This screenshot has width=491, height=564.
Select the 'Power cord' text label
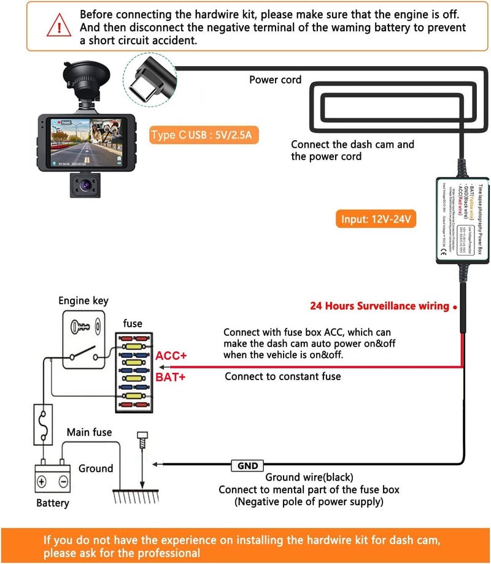pos(275,80)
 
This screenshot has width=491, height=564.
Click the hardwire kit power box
pos(462,221)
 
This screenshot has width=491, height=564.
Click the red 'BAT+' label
pos(171,376)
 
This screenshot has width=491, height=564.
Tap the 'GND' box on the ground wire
pos(247,466)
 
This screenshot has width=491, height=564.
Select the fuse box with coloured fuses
pos(133,372)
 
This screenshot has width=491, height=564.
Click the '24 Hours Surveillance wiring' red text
pos(379,305)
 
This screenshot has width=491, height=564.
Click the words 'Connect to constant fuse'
pos(282,376)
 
